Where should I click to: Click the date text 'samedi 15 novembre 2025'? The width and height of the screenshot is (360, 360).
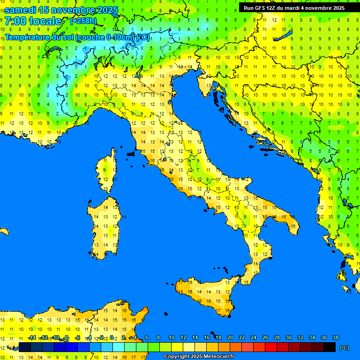click(x=61, y=10)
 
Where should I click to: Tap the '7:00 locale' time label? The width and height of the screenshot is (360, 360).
click(x=33, y=21)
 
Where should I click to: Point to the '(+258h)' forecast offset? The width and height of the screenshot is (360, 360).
click(x=83, y=21)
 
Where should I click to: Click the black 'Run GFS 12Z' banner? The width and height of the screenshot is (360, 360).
click(x=294, y=8)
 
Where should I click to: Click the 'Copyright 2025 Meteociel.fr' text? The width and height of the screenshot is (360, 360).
click(x=199, y=357)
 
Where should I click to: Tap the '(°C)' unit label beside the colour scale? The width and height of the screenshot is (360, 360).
click(x=344, y=348)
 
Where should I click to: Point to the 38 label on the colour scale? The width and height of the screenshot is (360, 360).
click(x=335, y=337)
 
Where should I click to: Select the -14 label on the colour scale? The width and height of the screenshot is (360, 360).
click(x=32, y=337)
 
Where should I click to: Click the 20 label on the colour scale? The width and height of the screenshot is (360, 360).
click(x=230, y=337)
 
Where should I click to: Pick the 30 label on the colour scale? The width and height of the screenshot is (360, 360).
click(x=288, y=337)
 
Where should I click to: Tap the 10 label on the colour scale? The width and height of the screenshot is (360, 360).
click(x=171, y=337)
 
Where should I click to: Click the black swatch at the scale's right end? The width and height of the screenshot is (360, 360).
click(x=330, y=347)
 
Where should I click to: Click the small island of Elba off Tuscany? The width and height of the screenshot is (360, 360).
click(x=131, y=153)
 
